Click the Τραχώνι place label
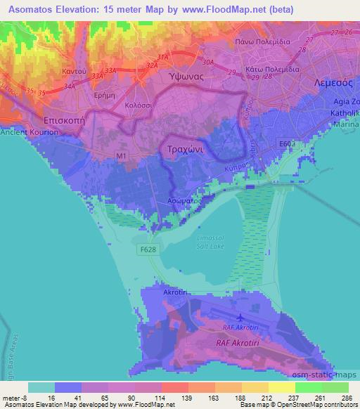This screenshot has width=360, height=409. [x=186, y=150]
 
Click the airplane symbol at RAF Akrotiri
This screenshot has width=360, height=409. [x=243, y=318]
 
